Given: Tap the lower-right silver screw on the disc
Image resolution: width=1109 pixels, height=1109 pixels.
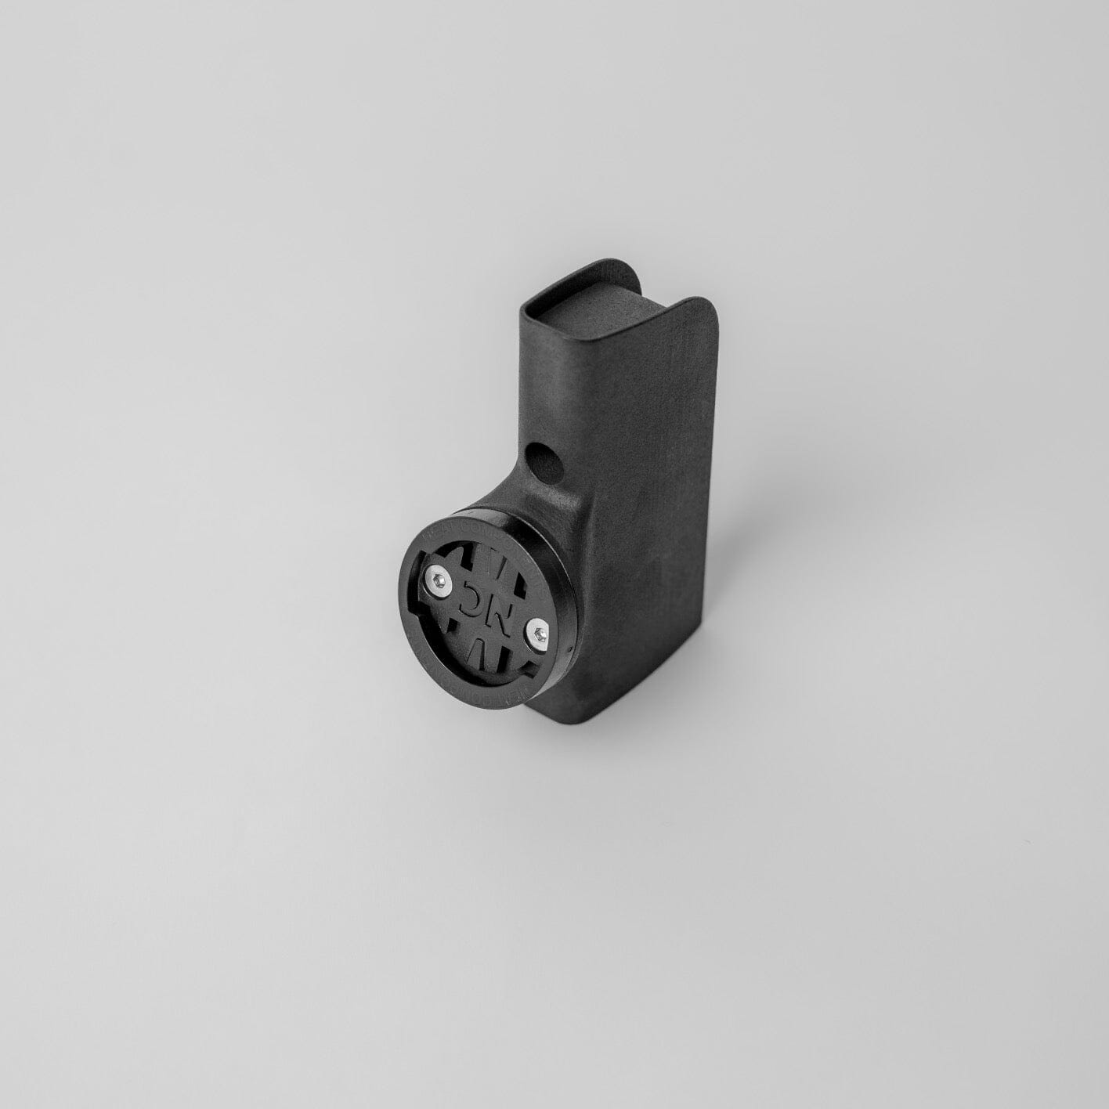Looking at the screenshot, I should point(536,631).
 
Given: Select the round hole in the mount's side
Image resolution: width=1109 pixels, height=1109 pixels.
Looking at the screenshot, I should point(546,461).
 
